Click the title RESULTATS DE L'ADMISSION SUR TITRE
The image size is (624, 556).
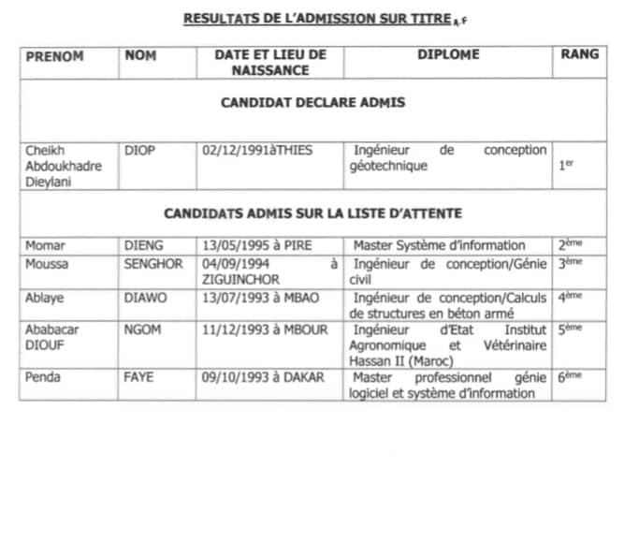[304, 18]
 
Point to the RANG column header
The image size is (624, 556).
[580, 55]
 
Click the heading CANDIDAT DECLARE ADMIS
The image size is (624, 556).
[312, 103]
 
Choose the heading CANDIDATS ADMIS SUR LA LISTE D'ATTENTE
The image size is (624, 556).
[312, 213]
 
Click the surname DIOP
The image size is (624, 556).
[139, 150]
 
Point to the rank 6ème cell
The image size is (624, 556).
[570, 377]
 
